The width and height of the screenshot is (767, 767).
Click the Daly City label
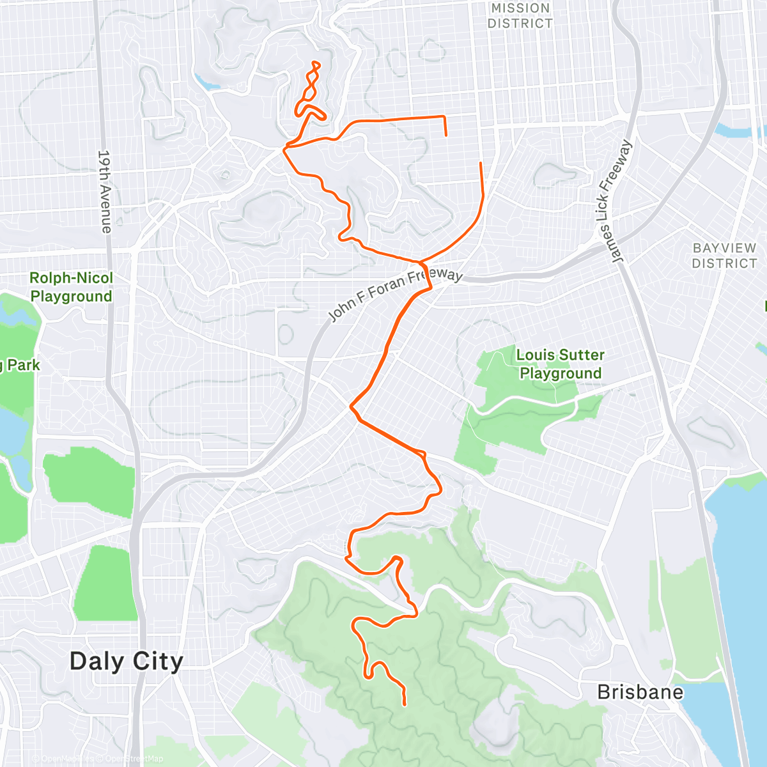(x=126, y=661)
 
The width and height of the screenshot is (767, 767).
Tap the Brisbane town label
(x=640, y=692)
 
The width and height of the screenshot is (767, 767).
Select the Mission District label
(x=520, y=16)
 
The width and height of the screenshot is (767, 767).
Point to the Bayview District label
(x=724, y=256)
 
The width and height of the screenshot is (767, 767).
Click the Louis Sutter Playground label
(x=560, y=364)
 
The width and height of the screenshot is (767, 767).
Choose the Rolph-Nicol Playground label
(x=71, y=287)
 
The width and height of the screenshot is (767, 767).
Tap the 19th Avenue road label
(x=105, y=191)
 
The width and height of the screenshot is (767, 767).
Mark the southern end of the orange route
(x=405, y=704)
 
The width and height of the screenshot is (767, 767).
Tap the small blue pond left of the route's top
(x=207, y=83)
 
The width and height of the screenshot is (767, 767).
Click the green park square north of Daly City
(x=105, y=582)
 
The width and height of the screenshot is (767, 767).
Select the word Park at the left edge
(x=24, y=366)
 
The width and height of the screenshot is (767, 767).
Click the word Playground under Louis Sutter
(x=561, y=373)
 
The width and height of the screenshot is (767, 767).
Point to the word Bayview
(x=724, y=248)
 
